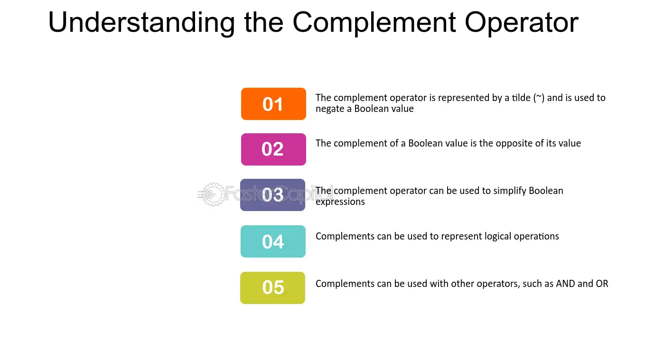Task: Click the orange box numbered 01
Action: pos(273,104)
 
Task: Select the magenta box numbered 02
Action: pos(273,149)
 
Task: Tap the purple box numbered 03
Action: pos(273,195)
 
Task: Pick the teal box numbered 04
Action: pos(273,241)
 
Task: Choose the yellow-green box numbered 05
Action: pos(273,288)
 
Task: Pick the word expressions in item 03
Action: pos(340,202)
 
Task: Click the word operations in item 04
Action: pos(536,237)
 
